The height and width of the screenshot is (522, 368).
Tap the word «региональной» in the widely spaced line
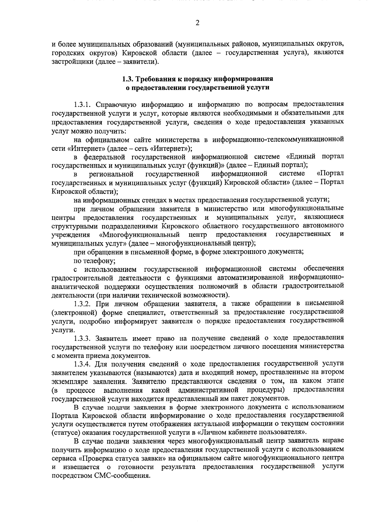click(x=111, y=175)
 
